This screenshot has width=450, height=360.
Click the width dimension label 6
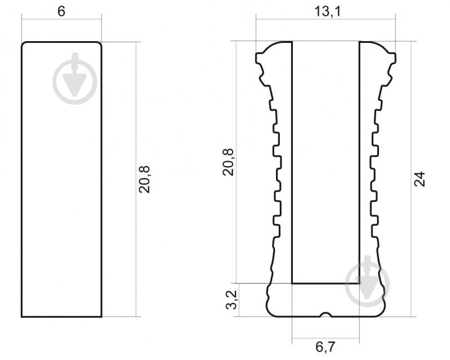[x=61, y=12]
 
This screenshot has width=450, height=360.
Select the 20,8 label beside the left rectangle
[x=145, y=179]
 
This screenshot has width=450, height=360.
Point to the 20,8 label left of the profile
[x=228, y=162]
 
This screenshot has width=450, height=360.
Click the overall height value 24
[x=420, y=179]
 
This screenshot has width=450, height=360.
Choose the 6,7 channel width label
[x=325, y=347]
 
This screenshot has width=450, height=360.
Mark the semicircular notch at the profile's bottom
[x=325, y=314]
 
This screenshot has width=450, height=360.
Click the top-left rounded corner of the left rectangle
[x=24, y=44]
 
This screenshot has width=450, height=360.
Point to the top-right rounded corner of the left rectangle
[x=100, y=44]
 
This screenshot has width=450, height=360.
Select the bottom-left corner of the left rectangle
[x=22, y=316]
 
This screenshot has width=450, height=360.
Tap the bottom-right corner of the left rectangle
[x=101, y=316]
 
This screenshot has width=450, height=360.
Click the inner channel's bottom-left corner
[x=292, y=283]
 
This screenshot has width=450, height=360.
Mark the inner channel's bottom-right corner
[x=359, y=283]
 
